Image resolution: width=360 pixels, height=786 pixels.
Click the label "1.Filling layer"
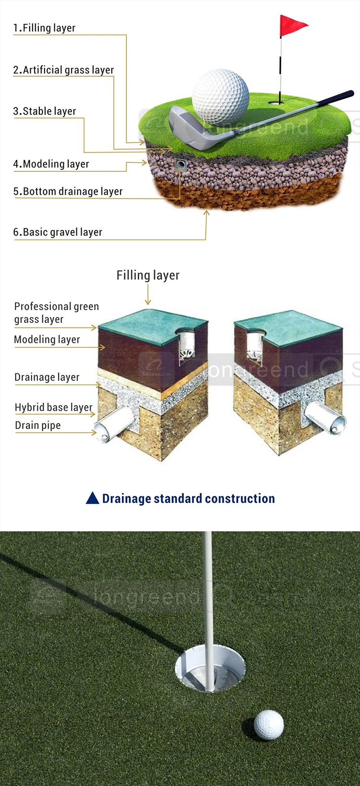click(x=44, y=28)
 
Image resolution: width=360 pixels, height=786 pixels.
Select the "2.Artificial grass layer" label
click(x=63, y=70)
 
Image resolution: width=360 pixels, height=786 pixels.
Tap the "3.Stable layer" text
click(x=45, y=111)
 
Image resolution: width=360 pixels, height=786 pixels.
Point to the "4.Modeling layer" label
click(x=51, y=164)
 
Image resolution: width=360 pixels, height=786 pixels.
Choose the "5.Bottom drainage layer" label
click(x=68, y=191)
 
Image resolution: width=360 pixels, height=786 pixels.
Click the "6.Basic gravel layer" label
click(x=58, y=232)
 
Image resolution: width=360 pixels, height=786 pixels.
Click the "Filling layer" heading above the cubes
click(x=148, y=275)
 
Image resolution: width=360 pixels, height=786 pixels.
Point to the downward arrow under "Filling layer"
click(x=148, y=295)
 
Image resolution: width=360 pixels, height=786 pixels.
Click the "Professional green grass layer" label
click(x=56, y=313)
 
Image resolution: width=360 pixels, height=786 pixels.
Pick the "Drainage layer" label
click(x=47, y=377)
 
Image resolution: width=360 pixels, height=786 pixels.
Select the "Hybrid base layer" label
click(x=53, y=407)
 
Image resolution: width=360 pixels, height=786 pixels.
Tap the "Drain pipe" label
click(x=38, y=426)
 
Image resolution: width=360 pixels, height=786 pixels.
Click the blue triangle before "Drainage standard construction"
click(x=92, y=498)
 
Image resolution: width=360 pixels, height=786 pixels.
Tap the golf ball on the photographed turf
click(x=269, y=725)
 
